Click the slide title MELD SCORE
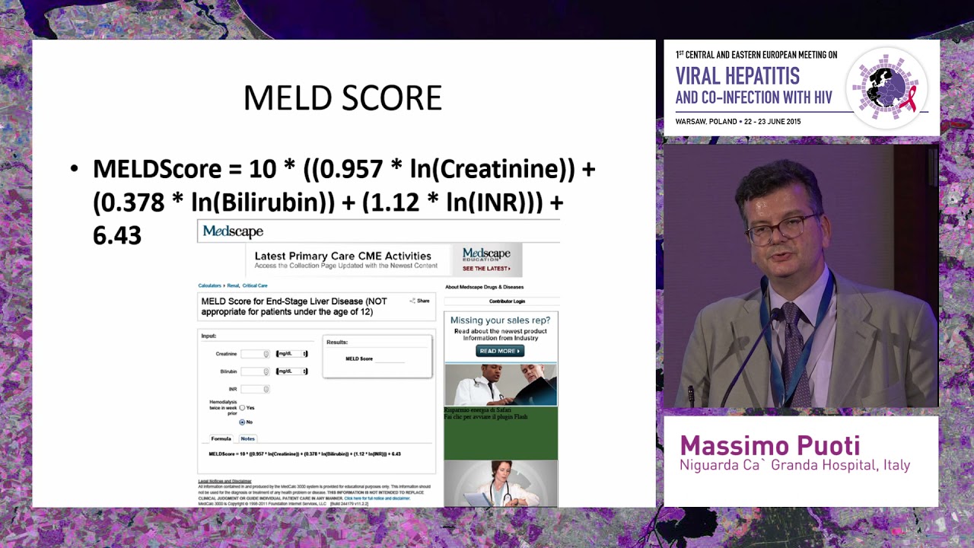point(342,98)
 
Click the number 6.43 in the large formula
point(117,236)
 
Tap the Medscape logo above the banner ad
point(233,231)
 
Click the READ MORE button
point(500,351)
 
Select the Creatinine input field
point(255,354)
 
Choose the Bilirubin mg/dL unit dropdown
point(291,371)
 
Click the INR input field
point(255,389)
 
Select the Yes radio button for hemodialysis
point(243,408)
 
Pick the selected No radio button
point(243,422)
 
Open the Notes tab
point(247,438)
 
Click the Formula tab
point(221,438)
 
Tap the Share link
point(420,301)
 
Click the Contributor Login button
point(507,301)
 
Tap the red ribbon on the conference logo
point(909,97)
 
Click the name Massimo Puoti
point(770,445)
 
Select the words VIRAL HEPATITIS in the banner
point(737,76)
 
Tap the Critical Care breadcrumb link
point(255,285)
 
